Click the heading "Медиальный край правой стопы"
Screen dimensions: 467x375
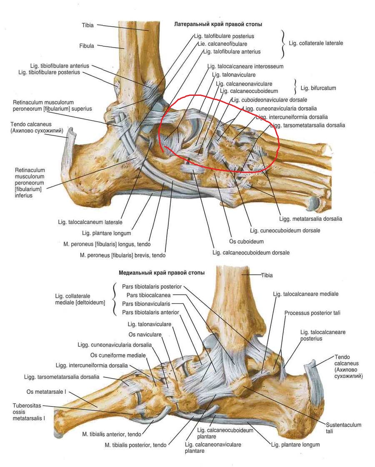162,273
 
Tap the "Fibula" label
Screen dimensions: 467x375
87,46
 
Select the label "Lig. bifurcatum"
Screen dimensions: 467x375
318,88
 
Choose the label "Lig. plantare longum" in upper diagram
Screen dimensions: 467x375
107,233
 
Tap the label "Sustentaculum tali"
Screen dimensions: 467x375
344,428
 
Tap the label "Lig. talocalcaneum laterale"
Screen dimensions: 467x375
90,222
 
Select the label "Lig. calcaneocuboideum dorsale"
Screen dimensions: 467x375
251,252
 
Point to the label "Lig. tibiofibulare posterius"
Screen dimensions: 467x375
49,72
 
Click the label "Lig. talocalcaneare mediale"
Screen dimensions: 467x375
306,294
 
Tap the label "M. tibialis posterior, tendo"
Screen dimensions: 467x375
136,445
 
